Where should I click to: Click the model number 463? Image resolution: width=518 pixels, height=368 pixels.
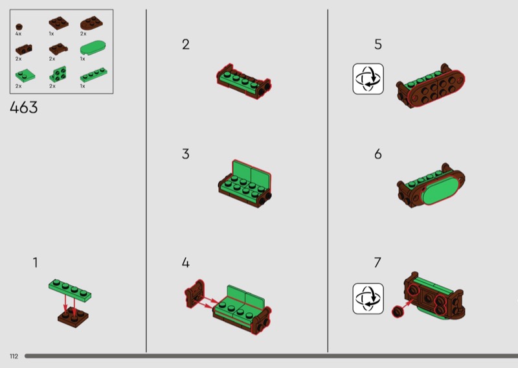24,108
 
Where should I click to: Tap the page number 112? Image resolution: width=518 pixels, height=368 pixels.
14,356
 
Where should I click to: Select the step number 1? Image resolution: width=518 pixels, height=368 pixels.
35,262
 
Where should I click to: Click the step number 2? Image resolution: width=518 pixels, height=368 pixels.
186,44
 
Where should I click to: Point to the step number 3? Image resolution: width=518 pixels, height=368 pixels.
186,154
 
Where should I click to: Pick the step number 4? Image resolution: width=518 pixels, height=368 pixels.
186,262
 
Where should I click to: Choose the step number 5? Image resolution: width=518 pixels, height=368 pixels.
378,44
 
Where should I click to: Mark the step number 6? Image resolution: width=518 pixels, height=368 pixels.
378,154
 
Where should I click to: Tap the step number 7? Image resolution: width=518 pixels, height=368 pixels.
377,262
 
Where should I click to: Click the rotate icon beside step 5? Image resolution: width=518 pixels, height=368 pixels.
368,79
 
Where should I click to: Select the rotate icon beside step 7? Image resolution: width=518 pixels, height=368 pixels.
368,299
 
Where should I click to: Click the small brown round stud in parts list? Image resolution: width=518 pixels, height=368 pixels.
19,27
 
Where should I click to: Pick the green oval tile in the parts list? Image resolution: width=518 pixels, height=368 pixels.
93,47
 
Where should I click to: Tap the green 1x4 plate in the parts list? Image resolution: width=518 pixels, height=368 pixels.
93,75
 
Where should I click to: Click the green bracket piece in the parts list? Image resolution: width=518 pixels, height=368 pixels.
58,74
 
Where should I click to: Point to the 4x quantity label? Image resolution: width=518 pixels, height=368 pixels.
18,34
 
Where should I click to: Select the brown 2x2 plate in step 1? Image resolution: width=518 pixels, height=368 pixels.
73,317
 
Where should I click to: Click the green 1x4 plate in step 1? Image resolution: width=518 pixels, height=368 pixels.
70,290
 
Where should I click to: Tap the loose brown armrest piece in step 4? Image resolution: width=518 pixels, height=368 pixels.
195,293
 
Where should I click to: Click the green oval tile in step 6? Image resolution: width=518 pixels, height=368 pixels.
439,189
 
